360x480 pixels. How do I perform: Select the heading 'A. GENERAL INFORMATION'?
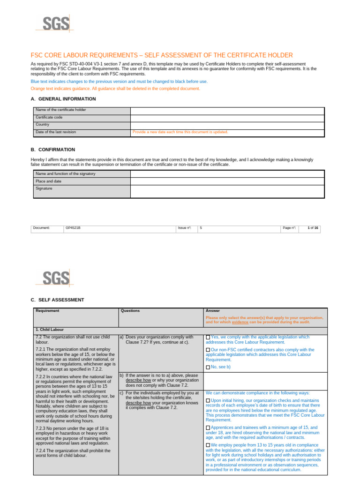tap(63, 99)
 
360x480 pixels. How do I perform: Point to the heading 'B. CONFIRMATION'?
tap(53, 150)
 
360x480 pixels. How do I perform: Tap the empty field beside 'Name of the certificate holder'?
tap(227, 110)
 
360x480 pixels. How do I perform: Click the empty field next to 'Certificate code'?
tap(227, 117)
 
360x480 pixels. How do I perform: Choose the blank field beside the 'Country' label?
tap(227, 125)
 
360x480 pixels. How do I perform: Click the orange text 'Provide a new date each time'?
tap(180, 132)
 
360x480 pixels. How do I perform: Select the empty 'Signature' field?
tap(227, 191)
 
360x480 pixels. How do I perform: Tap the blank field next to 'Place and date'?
tap(227, 181)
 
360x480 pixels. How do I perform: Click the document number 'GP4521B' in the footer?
tap(73, 228)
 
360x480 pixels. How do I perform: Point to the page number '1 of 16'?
tap(313, 228)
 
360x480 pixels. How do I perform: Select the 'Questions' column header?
tap(130, 310)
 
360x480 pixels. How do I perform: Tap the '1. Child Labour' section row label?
tap(50, 330)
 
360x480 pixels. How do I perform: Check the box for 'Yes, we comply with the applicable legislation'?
tap(208, 337)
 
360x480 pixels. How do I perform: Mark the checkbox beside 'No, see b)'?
tap(208, 367)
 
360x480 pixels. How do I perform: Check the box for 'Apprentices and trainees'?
tap(208, 428)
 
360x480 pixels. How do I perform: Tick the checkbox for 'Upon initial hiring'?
tap(208, 401)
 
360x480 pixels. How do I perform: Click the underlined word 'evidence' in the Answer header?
tap(240, 322)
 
